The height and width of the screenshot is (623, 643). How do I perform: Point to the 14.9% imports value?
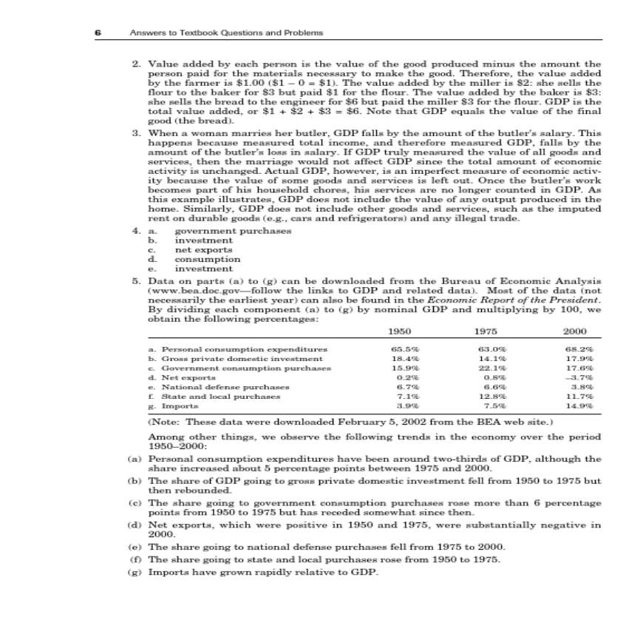(583, 405)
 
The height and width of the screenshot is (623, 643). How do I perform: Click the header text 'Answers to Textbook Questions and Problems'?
(226, 33)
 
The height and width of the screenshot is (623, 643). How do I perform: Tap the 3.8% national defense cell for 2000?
(583, 385)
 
